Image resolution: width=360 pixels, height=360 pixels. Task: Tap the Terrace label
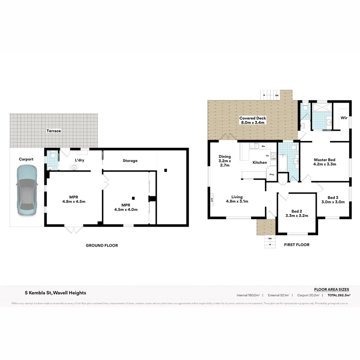point(54,131)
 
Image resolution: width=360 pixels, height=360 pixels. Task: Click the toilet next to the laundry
point(53,155)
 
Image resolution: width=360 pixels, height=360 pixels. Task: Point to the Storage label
point(130,161)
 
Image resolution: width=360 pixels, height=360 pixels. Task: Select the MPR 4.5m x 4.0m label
point(126,207)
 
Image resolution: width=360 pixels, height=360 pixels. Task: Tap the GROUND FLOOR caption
point(102,245)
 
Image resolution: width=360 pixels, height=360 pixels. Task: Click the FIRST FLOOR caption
point(296,245)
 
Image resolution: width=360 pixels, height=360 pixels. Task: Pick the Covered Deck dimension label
point(252,120)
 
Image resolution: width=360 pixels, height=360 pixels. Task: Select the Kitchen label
point(259,162)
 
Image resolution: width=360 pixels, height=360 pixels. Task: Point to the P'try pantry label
point(272,175)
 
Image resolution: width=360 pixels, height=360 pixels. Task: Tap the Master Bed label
point(324,162)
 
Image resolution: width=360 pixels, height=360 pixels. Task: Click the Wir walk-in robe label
point(344,118)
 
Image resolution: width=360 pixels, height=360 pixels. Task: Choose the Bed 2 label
point(297,213)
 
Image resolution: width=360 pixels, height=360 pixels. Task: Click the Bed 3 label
point(333,200)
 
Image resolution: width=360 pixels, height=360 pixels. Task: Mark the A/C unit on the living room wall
point(211,200)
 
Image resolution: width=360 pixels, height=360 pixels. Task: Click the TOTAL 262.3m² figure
point(339,295)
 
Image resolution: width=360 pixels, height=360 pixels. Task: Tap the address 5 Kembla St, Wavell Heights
point(55,293)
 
